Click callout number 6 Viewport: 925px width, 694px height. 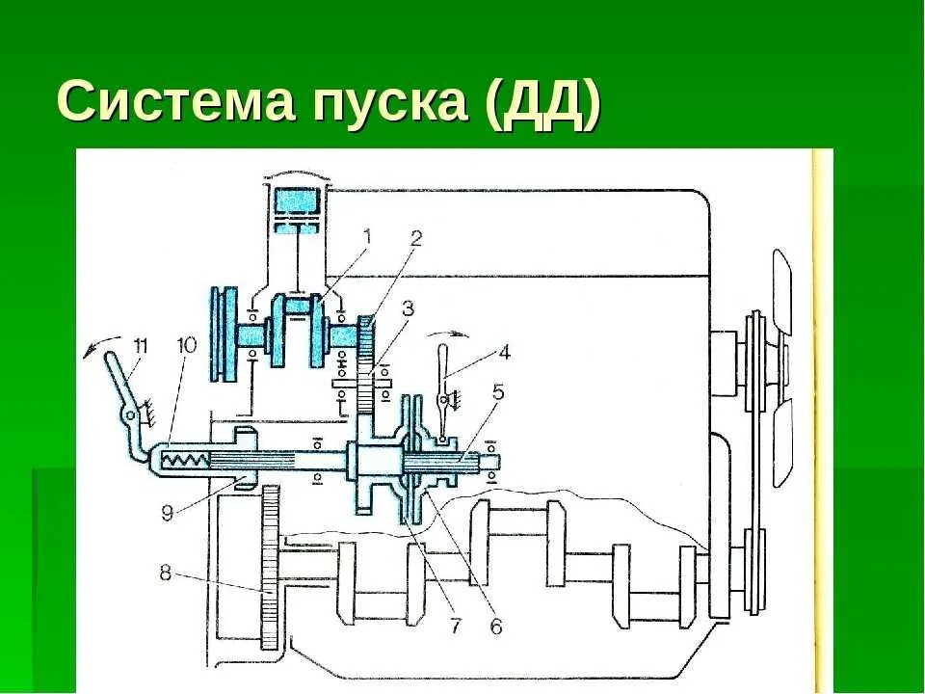point(495,627)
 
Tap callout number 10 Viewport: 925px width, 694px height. point(186,344)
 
